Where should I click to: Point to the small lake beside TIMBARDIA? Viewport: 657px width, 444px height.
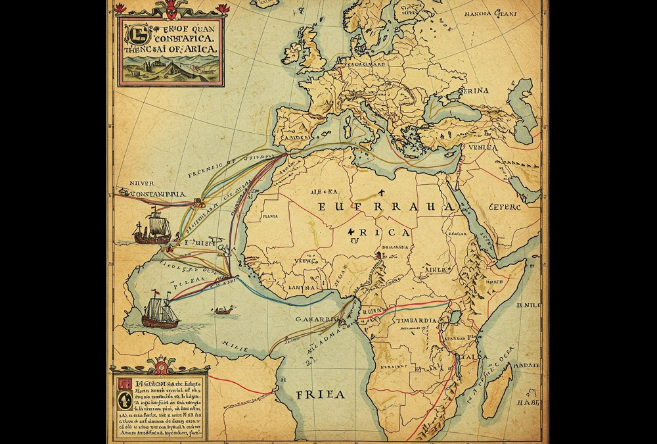(x=454, y=317)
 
